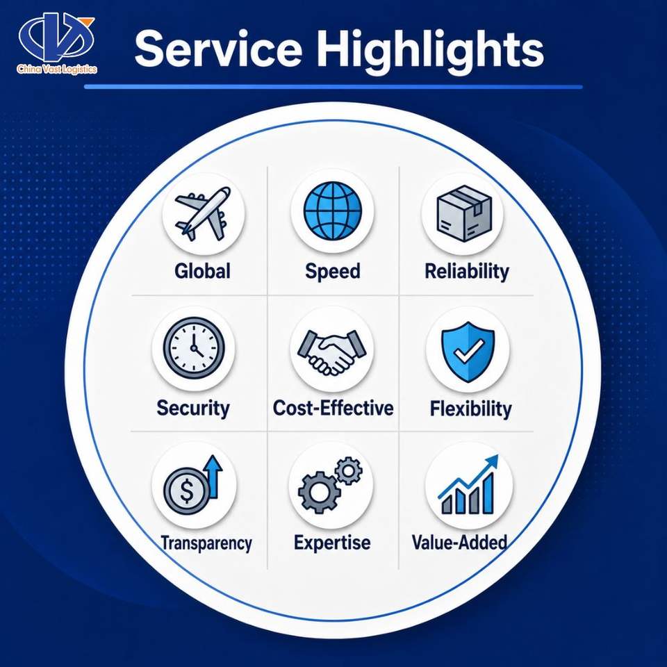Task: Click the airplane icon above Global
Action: point(203,213)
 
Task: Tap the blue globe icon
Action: point(333,211)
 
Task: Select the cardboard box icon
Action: point(465,213)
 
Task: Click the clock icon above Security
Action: point(194,347)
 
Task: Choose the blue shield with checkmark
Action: point(468,352)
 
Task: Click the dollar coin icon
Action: point(186,490)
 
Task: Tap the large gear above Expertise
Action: point(320,493)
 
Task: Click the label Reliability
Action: point(467,272)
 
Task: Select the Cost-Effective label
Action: point(333,408)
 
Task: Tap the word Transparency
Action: point(206,543)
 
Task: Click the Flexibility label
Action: point(470,409)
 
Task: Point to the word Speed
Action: point(333,272)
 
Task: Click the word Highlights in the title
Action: point(430,50)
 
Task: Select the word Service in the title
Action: point(218,49)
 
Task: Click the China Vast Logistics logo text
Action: point(57,69)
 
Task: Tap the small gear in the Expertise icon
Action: point(348,470)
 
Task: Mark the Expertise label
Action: point(332,543)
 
